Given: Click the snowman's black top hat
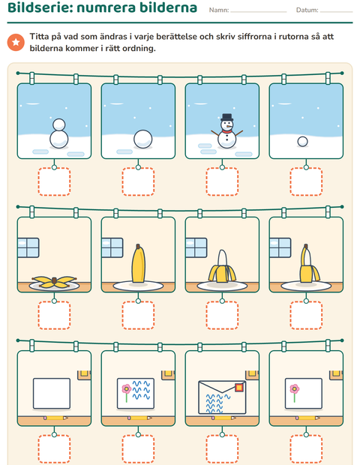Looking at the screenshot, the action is pyautogui.click(x=226, y=117).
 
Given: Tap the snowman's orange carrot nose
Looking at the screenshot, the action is pyautogui.click(x=228, y=126).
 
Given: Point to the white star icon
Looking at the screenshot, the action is pyautogui.click(x=16, y=42).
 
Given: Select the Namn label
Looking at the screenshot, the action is pyautogui.click(x=219, y=10).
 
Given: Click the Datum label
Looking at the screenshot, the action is pyautogui.click(x=307, y=10).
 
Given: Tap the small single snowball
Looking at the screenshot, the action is pyautogui.click(x=302, y=142).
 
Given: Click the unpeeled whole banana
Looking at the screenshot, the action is pyautogui.click(x=138, y=264).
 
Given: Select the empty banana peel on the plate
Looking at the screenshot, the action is pyautogui.click(x=54, y=282).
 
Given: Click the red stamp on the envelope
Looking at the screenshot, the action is pyautogui.click(x=239, y=387).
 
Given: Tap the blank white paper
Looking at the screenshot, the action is pyautogui.click(x=52, y=393).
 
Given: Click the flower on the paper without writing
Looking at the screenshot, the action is pyautogui.click(x=294, y=392).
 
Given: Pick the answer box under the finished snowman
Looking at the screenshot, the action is pyautogui.click(x=222, y=181).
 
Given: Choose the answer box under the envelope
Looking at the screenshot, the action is pyautogui.click(x=222, y=449).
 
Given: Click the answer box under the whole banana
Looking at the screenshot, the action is pyautogui.click(x=138, y=315).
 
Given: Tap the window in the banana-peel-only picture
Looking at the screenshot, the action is pyautogui.click(x=28, y=247).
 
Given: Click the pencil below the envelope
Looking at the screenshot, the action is pyautogui.click(x=222, y=418).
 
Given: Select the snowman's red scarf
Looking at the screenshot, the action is pyautogui.click(x=226, y=131).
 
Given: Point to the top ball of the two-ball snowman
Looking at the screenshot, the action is pyautogui.click(x=58, y=124).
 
